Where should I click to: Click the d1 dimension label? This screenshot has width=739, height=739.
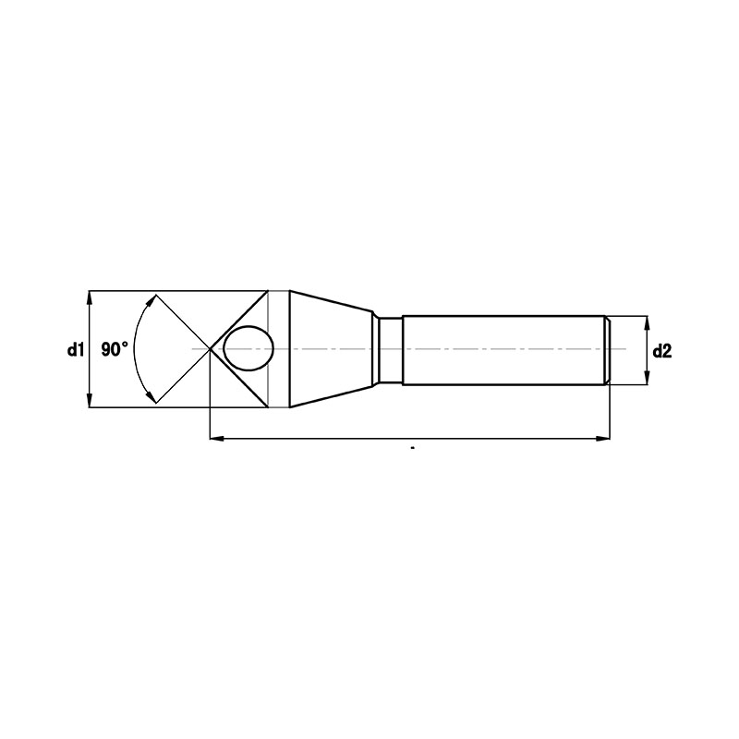(76, 350)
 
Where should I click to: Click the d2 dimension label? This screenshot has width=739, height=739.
(662, 351)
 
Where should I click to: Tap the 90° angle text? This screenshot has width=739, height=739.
(115, 350)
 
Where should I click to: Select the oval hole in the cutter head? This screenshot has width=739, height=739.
(248, 348)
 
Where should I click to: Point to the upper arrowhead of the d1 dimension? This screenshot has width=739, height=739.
(89, 298)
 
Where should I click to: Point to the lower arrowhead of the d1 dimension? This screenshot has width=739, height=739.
(89, 400)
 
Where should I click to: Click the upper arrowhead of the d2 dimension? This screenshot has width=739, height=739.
(648, 323)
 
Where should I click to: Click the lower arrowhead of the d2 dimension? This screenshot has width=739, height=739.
(648, 378)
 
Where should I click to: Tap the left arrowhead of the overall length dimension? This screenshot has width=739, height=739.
(217, 439)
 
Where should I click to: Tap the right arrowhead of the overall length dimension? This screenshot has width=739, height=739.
(602, 439)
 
